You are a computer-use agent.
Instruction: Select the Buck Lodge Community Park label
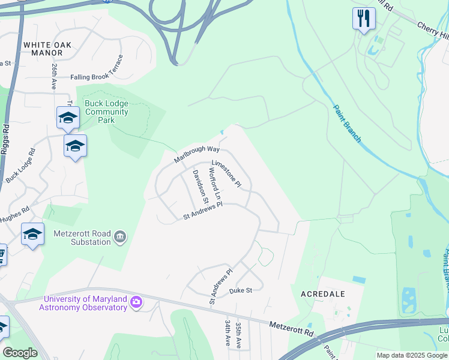(x=107, y=112)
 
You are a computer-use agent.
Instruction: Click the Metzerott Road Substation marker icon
(x=121, y=238)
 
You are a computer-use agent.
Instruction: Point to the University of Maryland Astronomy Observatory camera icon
(x=137, y=302)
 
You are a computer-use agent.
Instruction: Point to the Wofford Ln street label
(x=215, y=184)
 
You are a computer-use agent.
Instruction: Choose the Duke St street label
(x=241, y=291)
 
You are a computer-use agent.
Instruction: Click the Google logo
(x=20, y=353)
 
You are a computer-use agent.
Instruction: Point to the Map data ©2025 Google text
(x=411, y=355)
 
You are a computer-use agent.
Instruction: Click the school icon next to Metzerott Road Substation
(x=32, y=234)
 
